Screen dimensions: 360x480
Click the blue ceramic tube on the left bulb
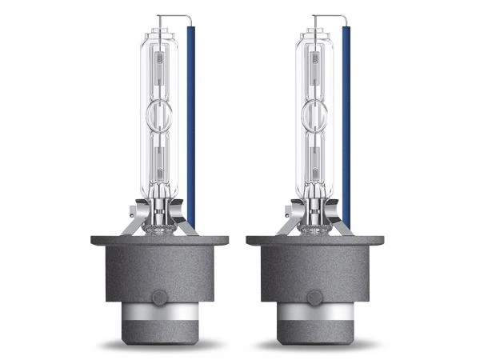point(191,120)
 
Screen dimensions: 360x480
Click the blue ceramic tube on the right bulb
point(346,120)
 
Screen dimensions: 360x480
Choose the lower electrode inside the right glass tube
point(314,160)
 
